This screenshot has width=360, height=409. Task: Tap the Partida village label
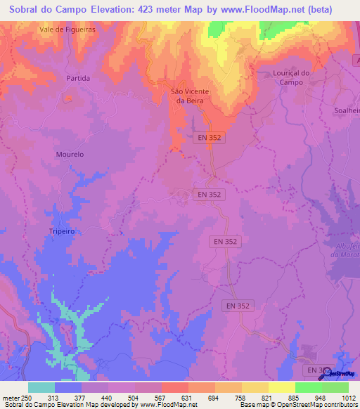tap(78, 78)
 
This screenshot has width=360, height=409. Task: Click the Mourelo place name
tap(70, 154)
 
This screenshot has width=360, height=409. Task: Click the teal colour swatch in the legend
tap(41, 387)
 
